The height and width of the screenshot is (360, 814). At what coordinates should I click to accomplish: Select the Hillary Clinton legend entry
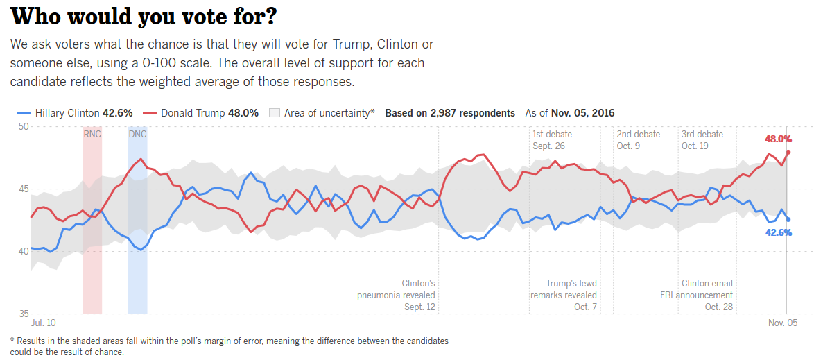pos(74,113)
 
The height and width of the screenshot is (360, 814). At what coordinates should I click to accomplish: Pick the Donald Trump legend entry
pos(200,113)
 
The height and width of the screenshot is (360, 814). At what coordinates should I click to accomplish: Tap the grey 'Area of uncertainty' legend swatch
pos(274,113)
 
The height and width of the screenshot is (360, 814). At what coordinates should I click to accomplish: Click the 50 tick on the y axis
pos(23,126)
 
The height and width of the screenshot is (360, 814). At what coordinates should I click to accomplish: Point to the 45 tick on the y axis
pos(23,189)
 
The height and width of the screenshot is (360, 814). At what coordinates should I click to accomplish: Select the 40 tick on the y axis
pos(23,251)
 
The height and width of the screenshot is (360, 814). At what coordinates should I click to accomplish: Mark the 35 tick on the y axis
pos(23,314)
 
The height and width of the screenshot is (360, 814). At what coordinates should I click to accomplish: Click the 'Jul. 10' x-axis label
pos(43,323)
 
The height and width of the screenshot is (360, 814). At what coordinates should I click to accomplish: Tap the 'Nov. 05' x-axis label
pos(783,323)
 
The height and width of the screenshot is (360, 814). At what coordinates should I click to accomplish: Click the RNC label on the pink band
pos(92,134)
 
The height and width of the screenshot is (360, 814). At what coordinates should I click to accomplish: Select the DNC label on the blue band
pos(137,134)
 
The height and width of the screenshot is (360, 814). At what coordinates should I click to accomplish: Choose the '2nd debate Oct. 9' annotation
pos(638,140)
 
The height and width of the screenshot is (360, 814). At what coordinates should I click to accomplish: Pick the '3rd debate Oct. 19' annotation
pos(702,140)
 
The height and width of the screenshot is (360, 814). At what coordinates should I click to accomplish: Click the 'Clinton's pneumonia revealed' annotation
pos(397,295)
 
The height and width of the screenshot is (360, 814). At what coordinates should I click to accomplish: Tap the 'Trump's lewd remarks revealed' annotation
pos(564,295)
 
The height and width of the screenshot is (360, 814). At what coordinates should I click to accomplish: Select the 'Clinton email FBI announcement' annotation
pos(696,295)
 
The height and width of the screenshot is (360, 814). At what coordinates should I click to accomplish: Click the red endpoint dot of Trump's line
pos(788,152)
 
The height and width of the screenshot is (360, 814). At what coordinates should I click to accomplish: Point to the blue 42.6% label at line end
pos(778,232)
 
